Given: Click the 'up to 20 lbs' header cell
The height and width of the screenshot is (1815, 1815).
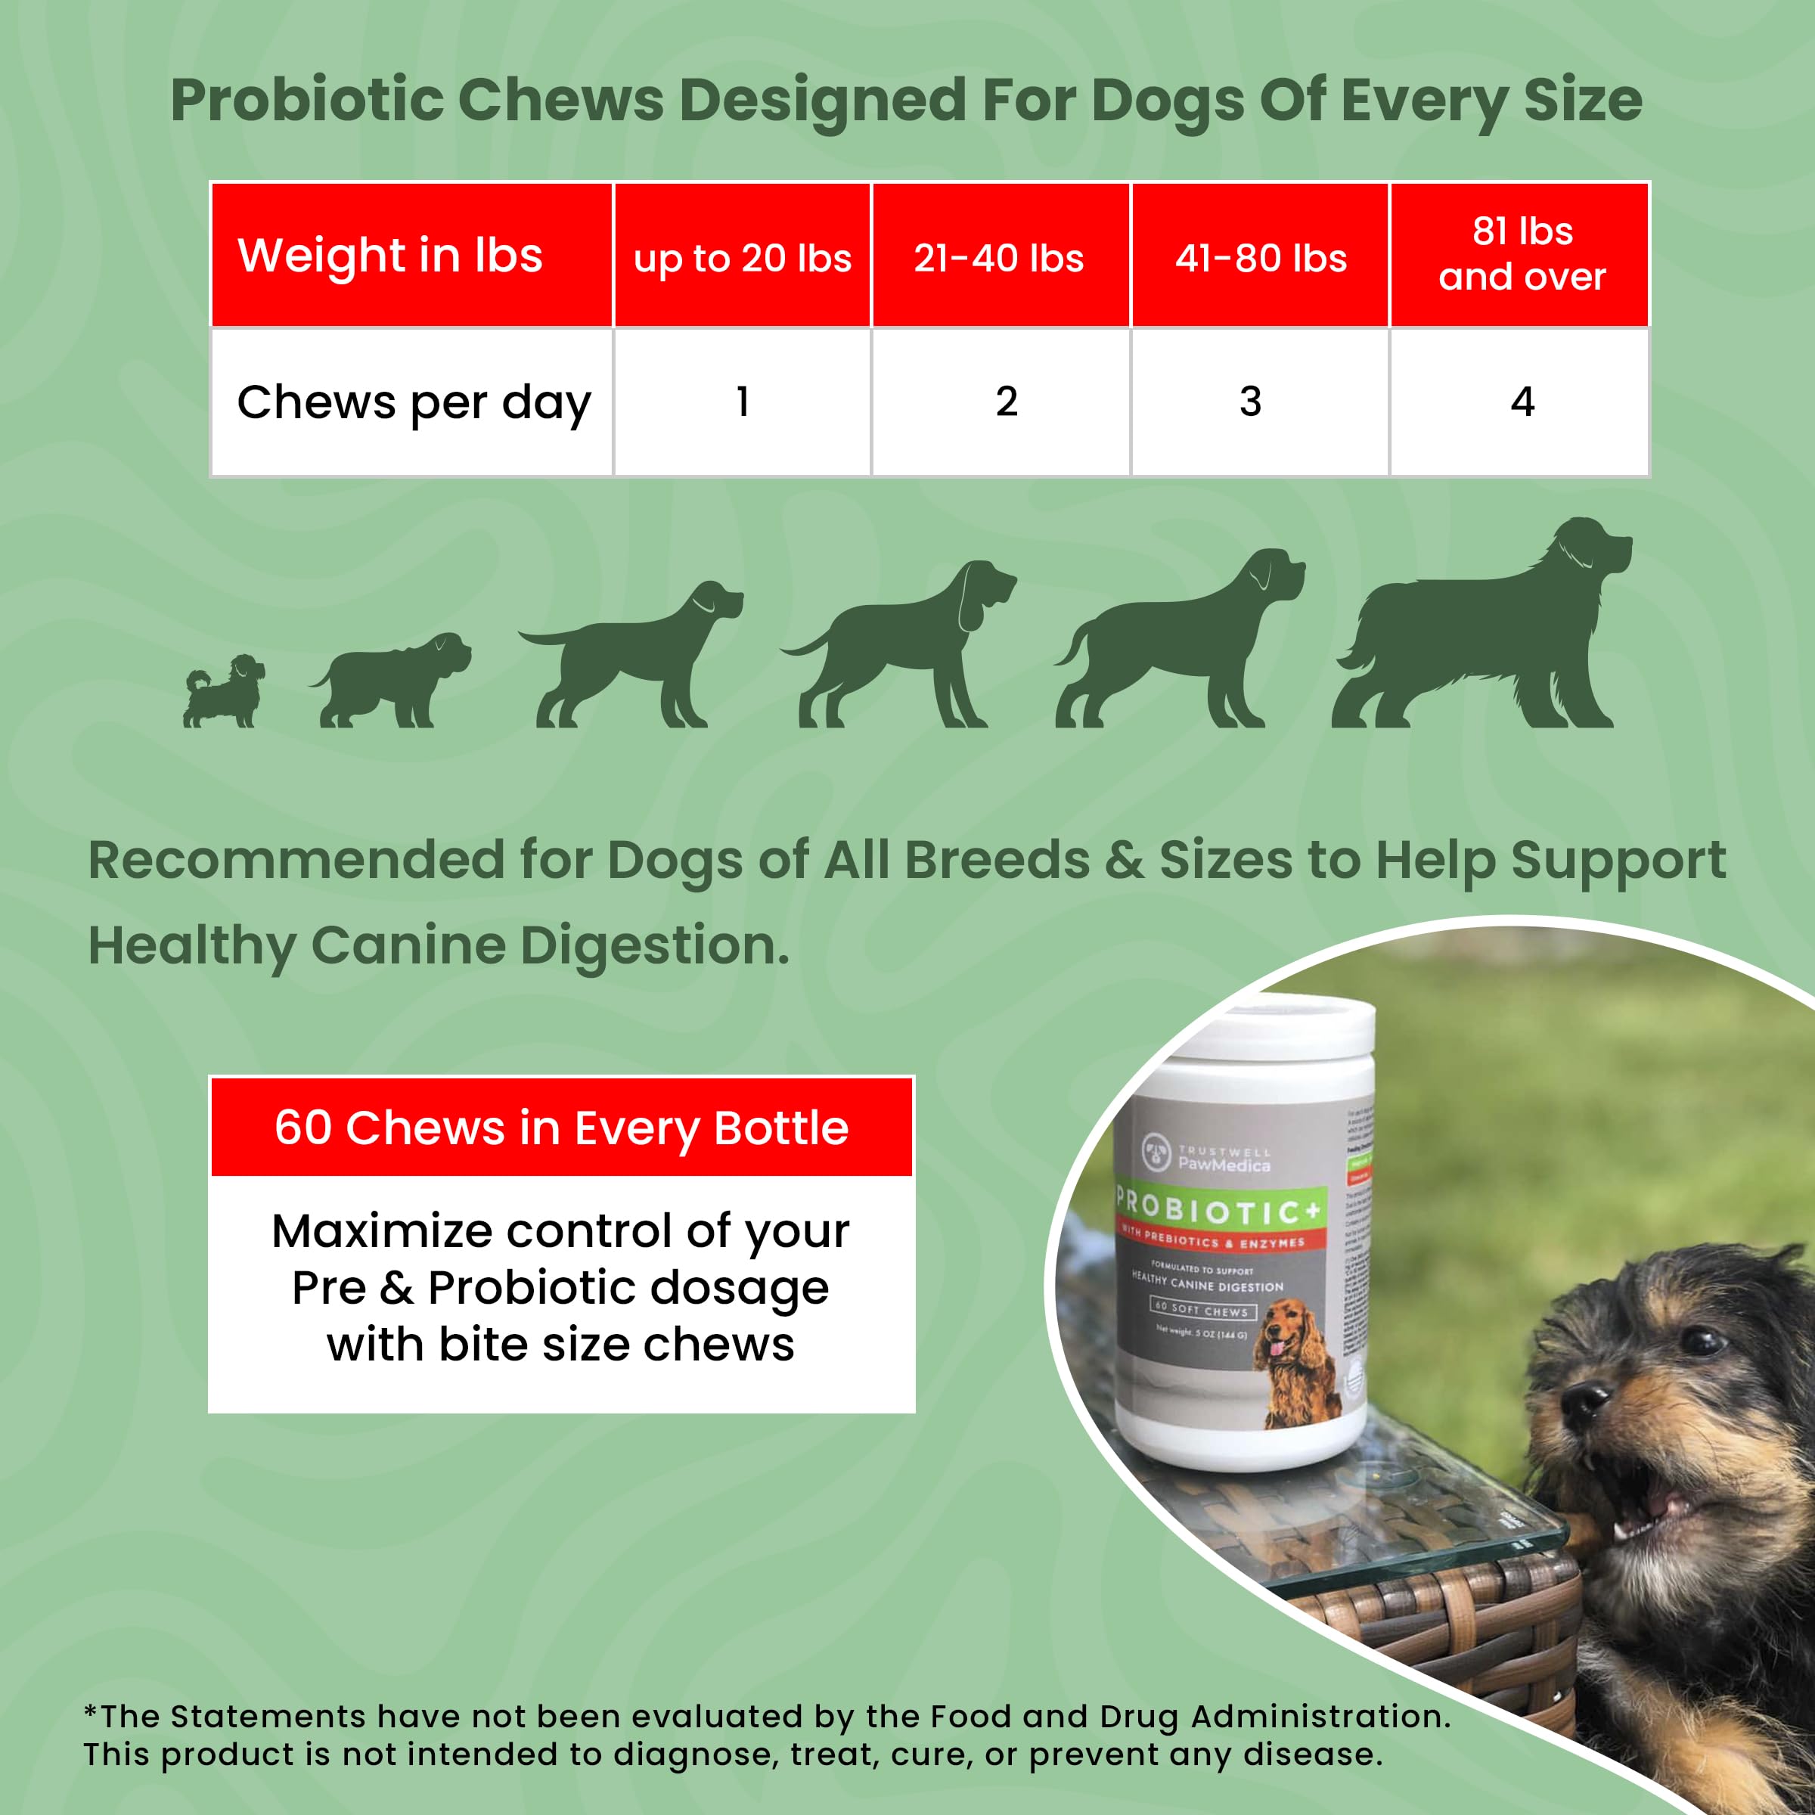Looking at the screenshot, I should pos(742,257).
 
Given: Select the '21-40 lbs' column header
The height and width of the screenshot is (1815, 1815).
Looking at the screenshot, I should pos(1000,257).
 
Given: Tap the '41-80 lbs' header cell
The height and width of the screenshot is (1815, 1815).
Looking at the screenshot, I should pos(1260,257).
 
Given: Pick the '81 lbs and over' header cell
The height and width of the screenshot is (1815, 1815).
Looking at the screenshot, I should pos(1521,253).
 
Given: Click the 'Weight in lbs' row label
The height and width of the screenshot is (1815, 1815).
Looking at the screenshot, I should pos(390,256).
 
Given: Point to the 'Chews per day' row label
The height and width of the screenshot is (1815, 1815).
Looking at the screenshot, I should pos(414,402).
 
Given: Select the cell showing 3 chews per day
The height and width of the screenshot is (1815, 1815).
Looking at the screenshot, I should pos(1250,402).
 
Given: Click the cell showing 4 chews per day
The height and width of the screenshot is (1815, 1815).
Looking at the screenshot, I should pos(1522,402).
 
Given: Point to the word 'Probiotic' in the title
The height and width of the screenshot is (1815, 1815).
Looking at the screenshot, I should pos(307,100).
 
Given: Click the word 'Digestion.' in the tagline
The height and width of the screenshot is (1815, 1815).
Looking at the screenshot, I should pos(655,946).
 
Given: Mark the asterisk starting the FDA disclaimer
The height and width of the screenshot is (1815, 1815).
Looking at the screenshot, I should pos(90,1711).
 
